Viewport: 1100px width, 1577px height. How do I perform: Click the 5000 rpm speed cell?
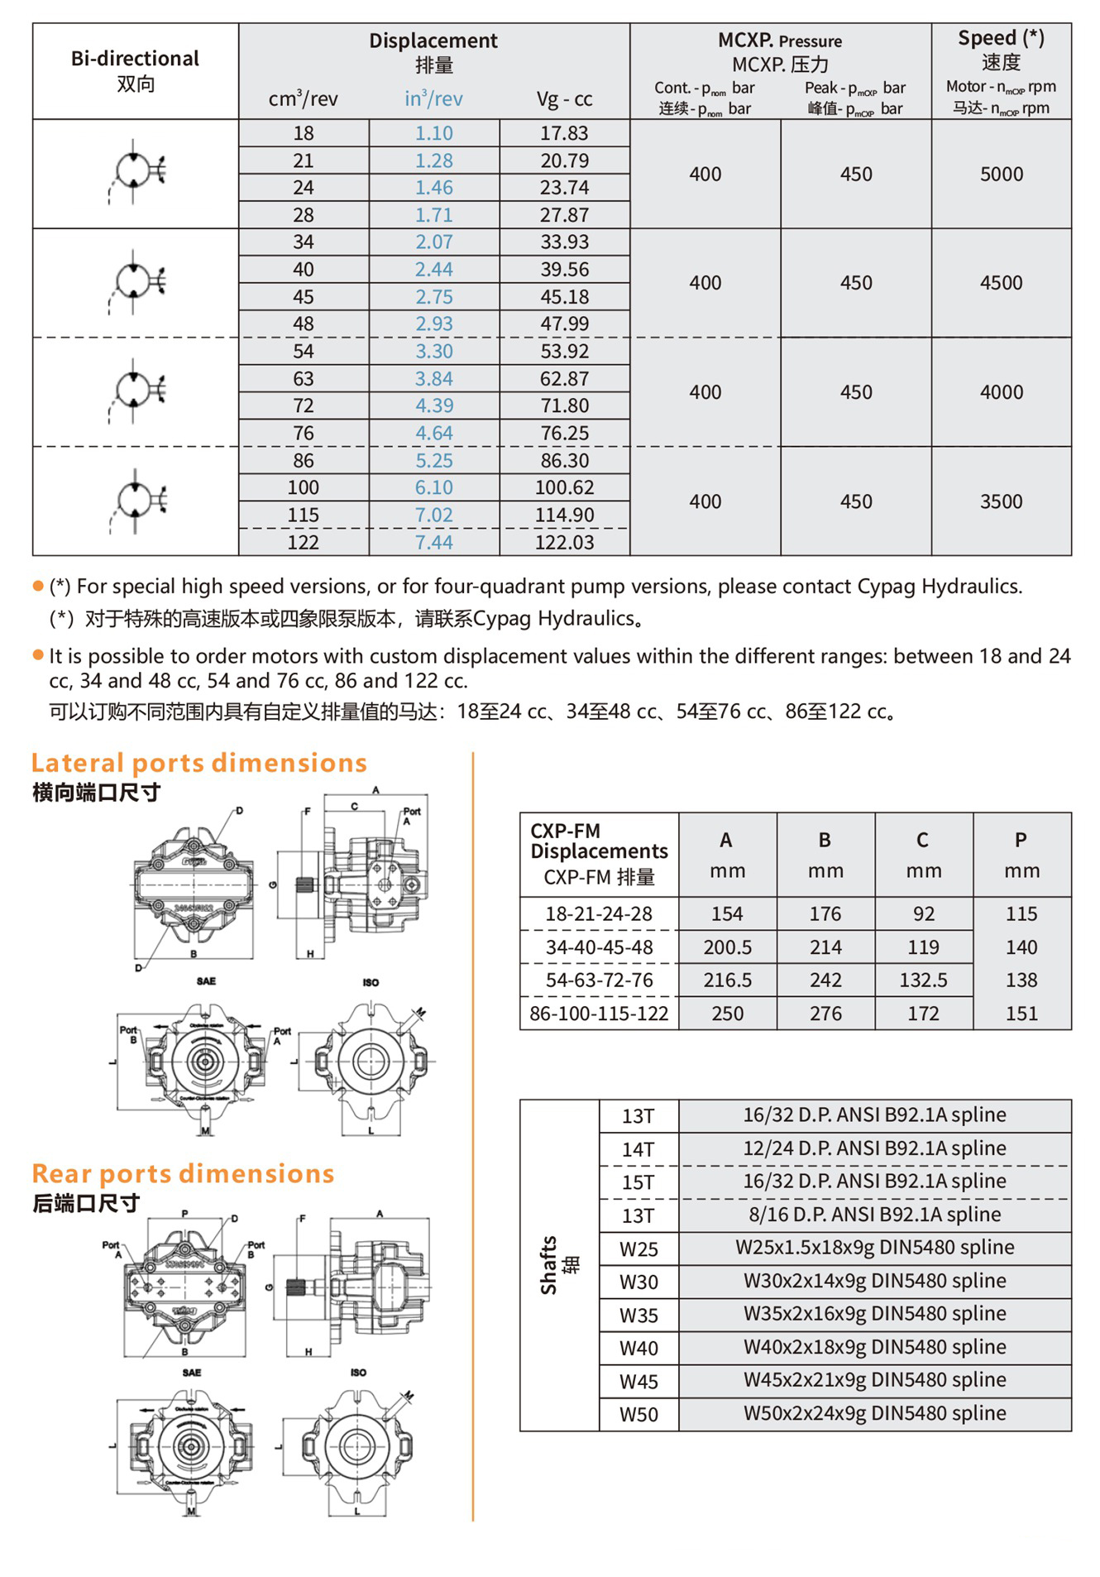coord(1001,175)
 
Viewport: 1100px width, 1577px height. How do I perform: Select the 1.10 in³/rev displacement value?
coord(434,133)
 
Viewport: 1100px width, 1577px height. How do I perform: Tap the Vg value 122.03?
coord(564,543)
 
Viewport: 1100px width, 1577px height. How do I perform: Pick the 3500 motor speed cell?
coord(1001,501)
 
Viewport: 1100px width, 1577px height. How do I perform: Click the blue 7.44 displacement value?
coord(434,543)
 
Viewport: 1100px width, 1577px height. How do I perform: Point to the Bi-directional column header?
coord(135,70)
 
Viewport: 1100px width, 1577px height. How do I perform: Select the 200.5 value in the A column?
coord(727,947)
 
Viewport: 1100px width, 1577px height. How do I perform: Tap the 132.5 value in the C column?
coord(923,980)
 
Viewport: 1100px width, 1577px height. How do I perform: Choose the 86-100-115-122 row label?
coord(599,1014)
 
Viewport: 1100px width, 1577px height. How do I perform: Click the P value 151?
coord(1021,1014)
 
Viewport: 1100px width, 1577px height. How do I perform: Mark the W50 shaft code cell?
coord(638,1415)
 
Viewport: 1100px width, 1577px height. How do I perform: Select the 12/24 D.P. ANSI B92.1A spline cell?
coord(874,1148)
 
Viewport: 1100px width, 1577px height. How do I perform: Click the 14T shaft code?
coord(638,1149)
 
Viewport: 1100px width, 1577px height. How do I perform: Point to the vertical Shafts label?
coord(558,1265)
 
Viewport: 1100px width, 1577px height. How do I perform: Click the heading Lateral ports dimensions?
coord(199,763)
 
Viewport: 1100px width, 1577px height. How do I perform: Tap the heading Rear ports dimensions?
coord(183,1173)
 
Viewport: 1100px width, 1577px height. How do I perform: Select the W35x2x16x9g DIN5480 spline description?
coord(874,1314)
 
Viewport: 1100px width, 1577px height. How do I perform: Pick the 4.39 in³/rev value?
coord(434,406)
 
